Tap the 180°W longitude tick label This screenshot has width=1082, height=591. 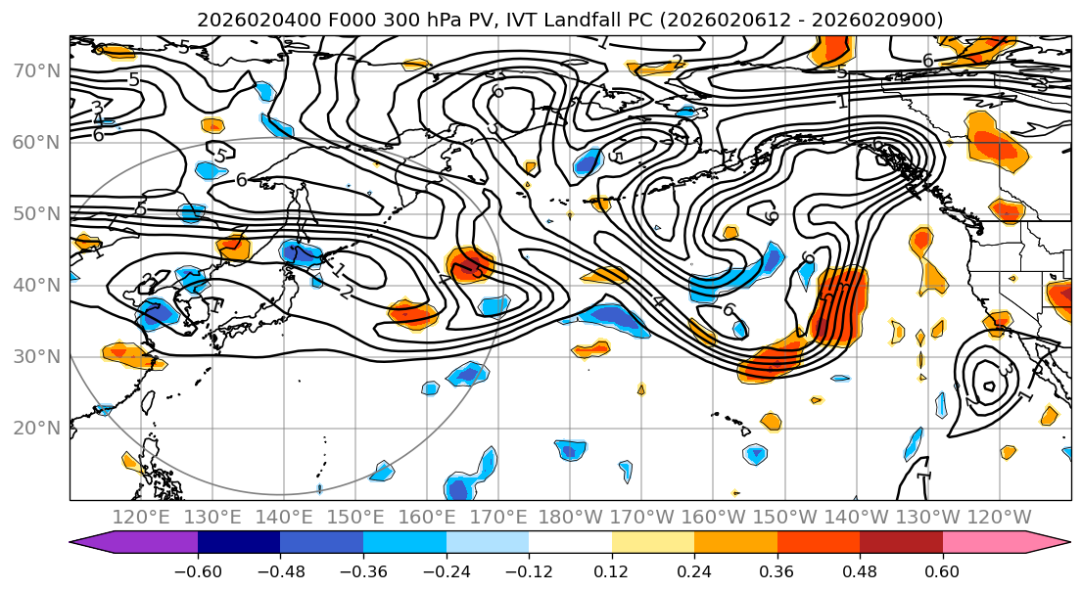click(x=571, y=517)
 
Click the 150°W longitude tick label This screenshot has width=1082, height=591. click(x=785, y=517)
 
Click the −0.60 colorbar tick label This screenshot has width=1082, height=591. click(x=198, y=569)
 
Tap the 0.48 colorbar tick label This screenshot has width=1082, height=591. click(x=860, y=569)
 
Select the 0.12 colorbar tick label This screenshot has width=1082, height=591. click(x=612, y=569)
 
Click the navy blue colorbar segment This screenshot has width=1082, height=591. click(x=239, y=543)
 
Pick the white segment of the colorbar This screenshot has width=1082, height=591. click(x=570, y=543)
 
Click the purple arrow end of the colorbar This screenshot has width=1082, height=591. click(x=137, y=543)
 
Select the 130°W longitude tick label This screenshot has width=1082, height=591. click(x=928, y=517)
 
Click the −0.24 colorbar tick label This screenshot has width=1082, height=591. click(x=447, y=569)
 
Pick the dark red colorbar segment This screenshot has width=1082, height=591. click(x=901, y=543)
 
